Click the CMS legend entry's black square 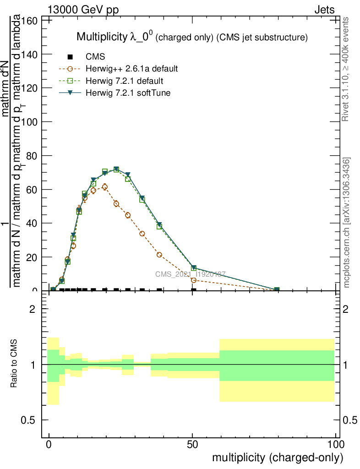tap(70, 57)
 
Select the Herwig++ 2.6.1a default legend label tap(131, 69)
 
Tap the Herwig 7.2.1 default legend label tap(125, 81)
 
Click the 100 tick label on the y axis tap(31, 122)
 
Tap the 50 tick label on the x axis tap(192, 444)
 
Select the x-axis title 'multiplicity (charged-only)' tap(277, 457)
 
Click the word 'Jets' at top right tap(324, 10)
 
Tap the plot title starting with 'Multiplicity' tap(191, 37)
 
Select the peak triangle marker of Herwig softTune tap(116, 169)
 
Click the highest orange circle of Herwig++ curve tap(105, 187)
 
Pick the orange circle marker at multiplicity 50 tap(194, 280)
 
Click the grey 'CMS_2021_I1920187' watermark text tap(190, 274)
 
